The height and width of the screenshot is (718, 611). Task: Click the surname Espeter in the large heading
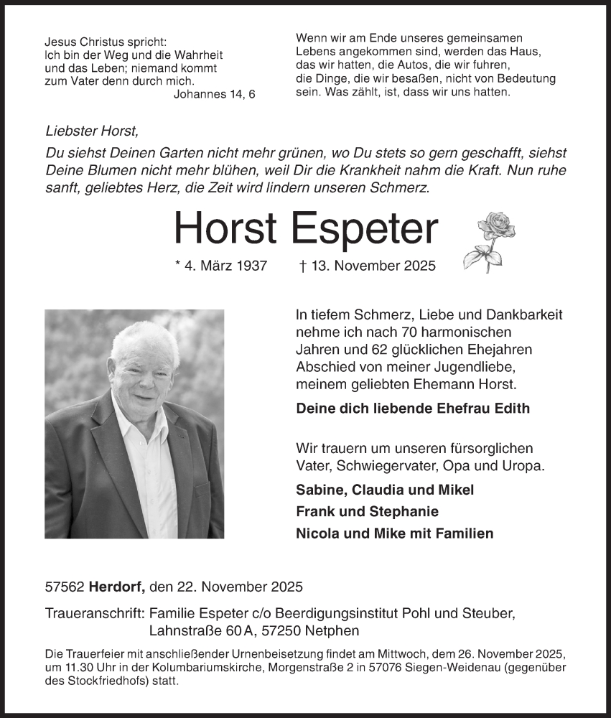click(365, 228)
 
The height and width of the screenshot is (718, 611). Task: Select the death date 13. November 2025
click(367, 266)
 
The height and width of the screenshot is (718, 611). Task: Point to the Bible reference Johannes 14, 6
click(214, 95)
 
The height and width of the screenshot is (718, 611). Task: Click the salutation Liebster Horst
click(90, 131)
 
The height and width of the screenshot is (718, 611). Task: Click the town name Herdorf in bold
click(118, 587)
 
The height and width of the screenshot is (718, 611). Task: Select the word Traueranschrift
click(94, 614)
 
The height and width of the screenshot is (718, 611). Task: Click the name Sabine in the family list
click(317, 490)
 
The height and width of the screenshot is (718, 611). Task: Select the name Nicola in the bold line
click(316, 533)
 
